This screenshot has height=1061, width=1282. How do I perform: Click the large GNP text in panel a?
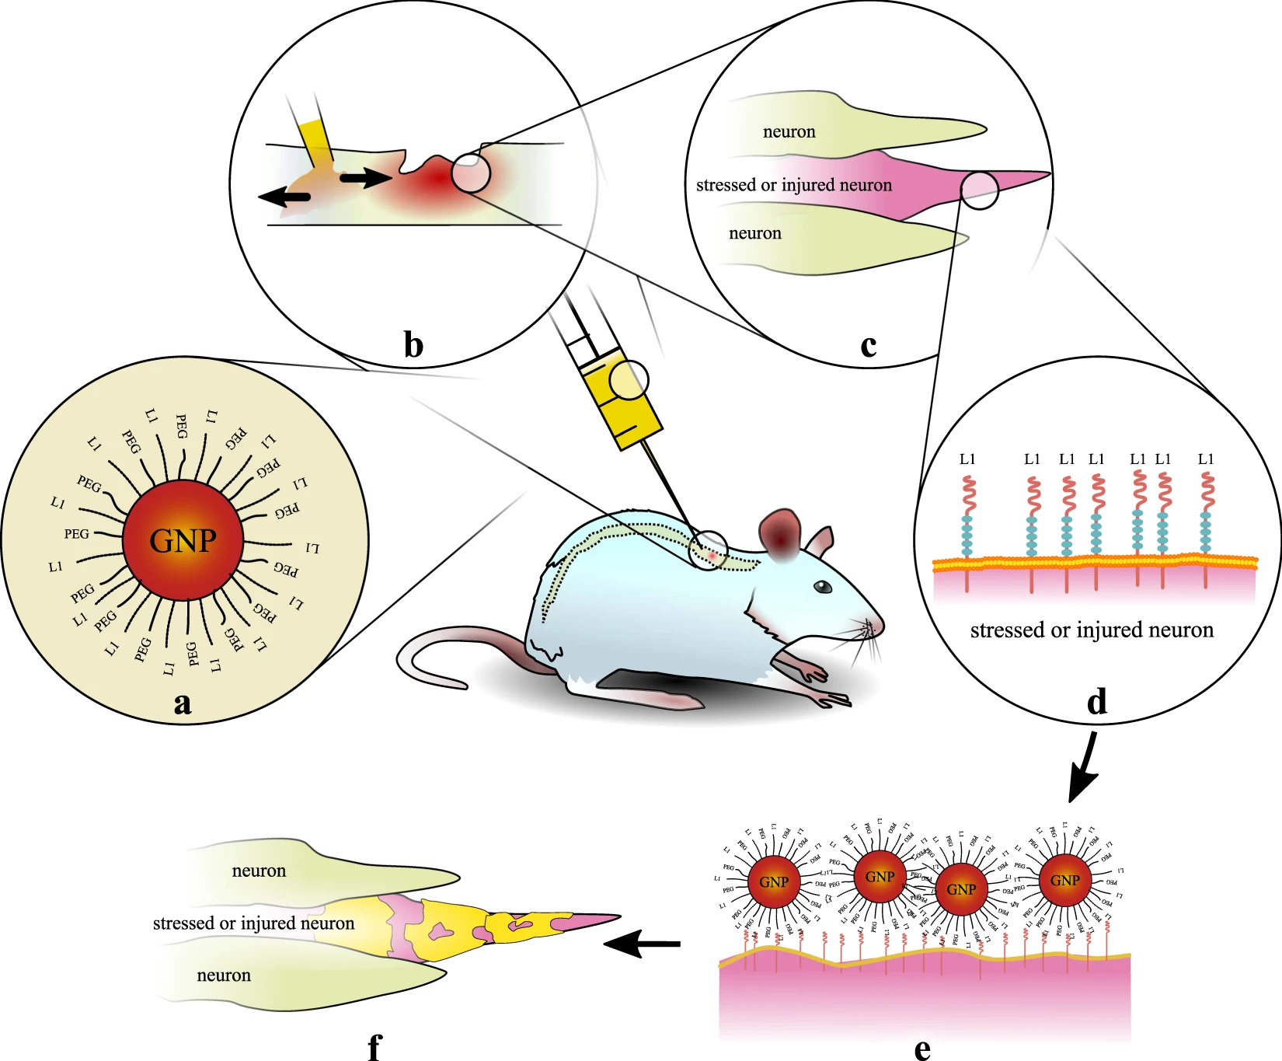(x=183, y=540)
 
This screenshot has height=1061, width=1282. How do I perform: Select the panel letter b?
(x=413, y=345)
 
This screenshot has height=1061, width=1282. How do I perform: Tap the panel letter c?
(x=869, y=345)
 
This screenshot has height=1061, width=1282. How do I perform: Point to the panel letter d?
(x=1096, y=702)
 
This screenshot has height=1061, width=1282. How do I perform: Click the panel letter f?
(x=374, y=1047)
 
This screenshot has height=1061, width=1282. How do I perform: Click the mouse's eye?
(x=823, y=588)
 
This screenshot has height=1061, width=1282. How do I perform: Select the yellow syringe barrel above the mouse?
(x=622, y=400)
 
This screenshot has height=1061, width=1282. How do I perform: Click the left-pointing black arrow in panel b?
(x=284, y=197)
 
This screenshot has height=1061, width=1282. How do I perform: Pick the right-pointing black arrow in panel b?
(x=366, y=179)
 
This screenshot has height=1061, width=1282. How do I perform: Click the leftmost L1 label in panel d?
(x=967, y=459)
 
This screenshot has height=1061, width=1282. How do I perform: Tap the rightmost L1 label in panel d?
(x=1206, y=459)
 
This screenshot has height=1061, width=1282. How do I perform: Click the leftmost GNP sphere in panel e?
(x=774, y=882)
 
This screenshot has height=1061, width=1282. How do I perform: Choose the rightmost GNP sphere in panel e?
(x=1064, y=880)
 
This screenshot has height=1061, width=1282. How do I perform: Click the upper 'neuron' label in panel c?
(x=789, y=132)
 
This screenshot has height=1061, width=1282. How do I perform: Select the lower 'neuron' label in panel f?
(x=224, y=975)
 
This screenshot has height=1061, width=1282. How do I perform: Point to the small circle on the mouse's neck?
(x=708, y=551)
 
